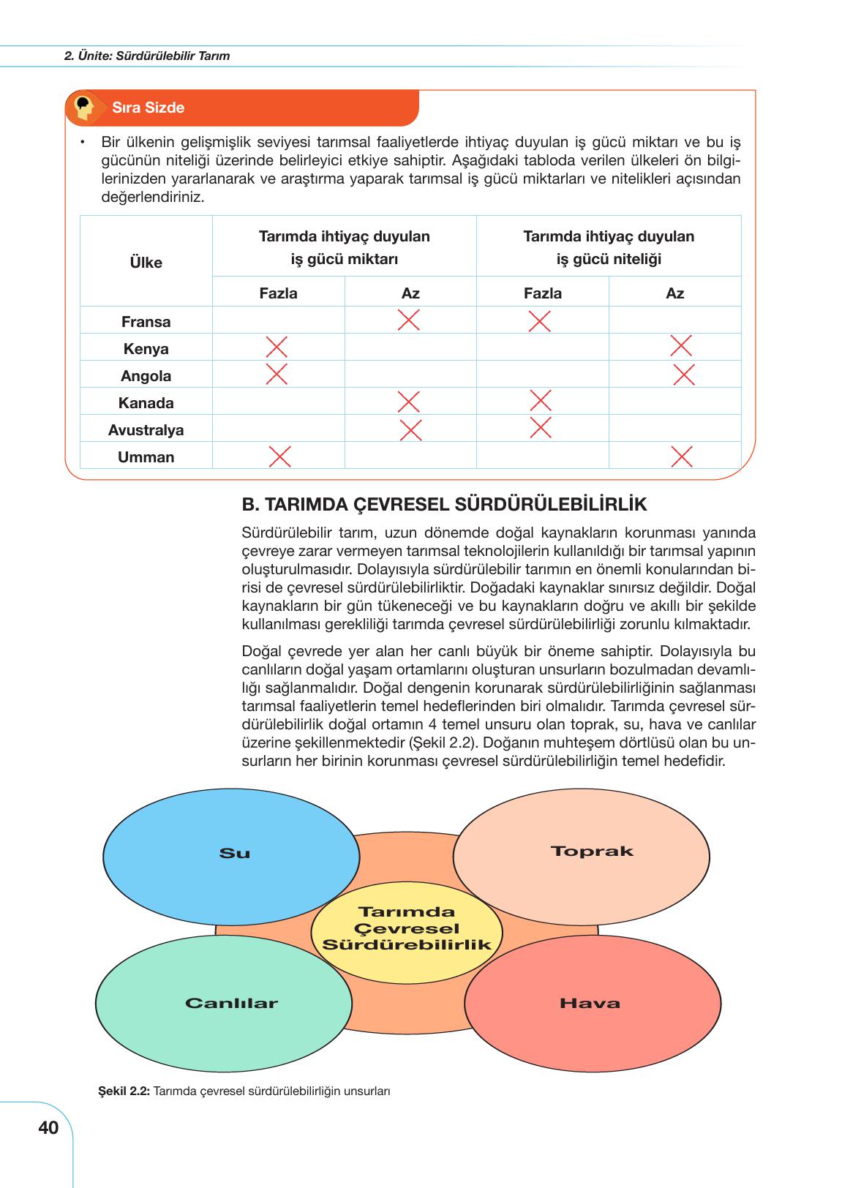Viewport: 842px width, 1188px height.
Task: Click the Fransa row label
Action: coord(146,322)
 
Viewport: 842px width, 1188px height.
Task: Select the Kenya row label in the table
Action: coord(146,349)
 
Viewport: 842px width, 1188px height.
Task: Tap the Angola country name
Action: coord(146,376)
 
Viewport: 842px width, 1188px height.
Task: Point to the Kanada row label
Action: coord(146,403)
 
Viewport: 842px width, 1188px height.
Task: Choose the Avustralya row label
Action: coord(146,430)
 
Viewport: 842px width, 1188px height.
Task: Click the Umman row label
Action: coord(146,457)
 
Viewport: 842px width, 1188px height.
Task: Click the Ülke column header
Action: coord(146,263)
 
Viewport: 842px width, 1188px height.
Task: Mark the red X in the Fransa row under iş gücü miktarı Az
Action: coord(409,320)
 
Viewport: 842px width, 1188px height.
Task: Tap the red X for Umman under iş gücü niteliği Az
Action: coord(682,456)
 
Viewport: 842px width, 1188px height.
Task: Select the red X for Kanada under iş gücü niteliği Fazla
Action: coord(541,400)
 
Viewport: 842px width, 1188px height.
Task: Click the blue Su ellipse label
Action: coord(235,853)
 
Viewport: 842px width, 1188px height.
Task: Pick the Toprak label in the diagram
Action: coord(592,851)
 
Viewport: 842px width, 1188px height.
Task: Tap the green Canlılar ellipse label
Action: coord(231,1003)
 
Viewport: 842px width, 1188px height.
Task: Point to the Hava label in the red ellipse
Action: coord(590,1003)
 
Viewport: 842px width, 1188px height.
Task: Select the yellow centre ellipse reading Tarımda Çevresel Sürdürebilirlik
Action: coord(407,928)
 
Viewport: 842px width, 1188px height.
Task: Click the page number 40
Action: coord(48,1128)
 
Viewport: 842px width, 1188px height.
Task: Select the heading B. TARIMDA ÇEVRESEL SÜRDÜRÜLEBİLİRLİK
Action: coord(444,505)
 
